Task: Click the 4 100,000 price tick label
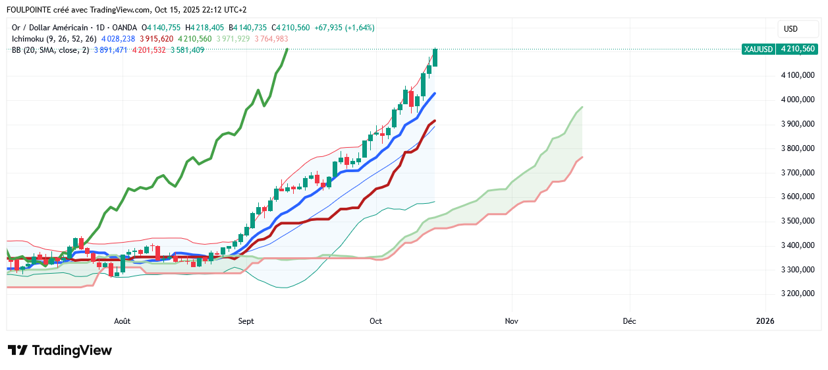797,76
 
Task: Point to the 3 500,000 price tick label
797,221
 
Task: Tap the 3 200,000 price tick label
797,293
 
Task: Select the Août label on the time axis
123,321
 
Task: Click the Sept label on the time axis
246,321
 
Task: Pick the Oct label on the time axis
375,321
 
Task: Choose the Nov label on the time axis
511,321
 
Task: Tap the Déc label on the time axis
629,321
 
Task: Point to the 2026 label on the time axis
765,321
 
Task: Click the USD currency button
790,29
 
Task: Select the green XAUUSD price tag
779,49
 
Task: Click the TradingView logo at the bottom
59,350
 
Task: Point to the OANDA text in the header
124,28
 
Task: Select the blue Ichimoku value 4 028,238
118,39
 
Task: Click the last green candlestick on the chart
435,57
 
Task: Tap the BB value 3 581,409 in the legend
187,50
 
